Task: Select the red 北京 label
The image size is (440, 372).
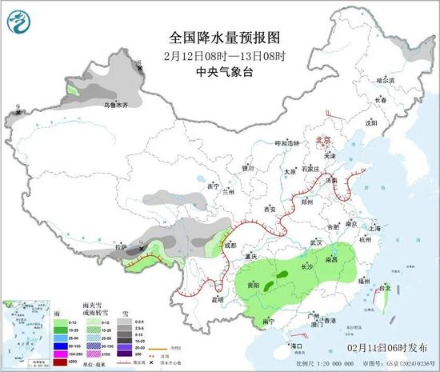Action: pyautogui.click(x=322, y=138)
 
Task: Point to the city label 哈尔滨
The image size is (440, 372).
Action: pyautogui.click(x=386, y=81)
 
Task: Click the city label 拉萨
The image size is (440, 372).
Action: pyautogui.click(x=120, y=248)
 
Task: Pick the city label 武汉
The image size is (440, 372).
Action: pyautogui.click(x=314, y=242)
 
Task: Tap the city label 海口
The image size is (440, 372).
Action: pyautogui.click(x=297, y=345)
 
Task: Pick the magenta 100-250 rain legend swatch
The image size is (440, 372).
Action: pyautogui.click(x=59, y=352)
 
